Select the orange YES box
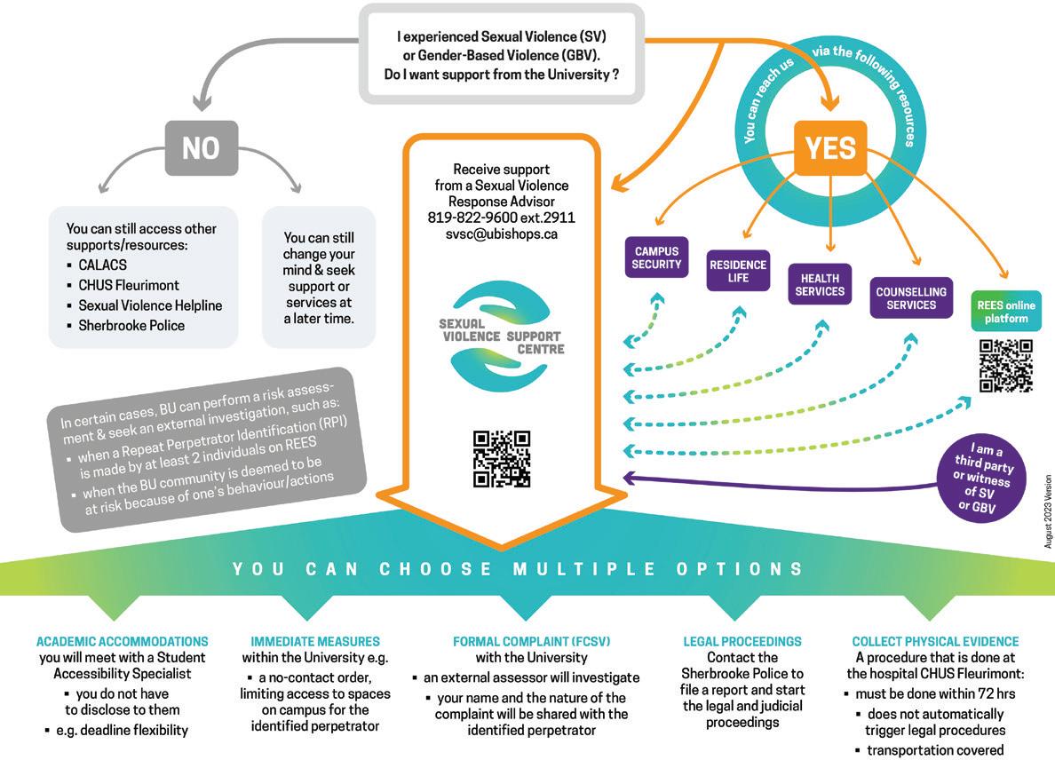pyautogui.click(x=829, y=147)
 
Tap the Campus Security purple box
pyautogui.click(x=656, y=257)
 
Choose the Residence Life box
pyautogui.click(x=738, y=271)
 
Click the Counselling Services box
pyautogui.click(x=911, y=297)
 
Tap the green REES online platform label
pyautogui.click(x=1006, y=312)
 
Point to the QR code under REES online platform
pyautogui.click(x=1005, y=365)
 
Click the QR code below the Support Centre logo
pyautogui.click(x=502, y=459)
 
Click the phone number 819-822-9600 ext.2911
pyautogui.click(x=502, y=218)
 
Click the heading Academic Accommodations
pyautogui.click(x=123, y=641)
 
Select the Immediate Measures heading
pyautogui.click(x=315, y=641)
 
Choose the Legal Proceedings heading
pyautogui.click(x=742, y=641)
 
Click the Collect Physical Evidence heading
pyautogui.click(x=935, y=641)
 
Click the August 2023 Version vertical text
pyautogui.click(x=1048, y=510)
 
